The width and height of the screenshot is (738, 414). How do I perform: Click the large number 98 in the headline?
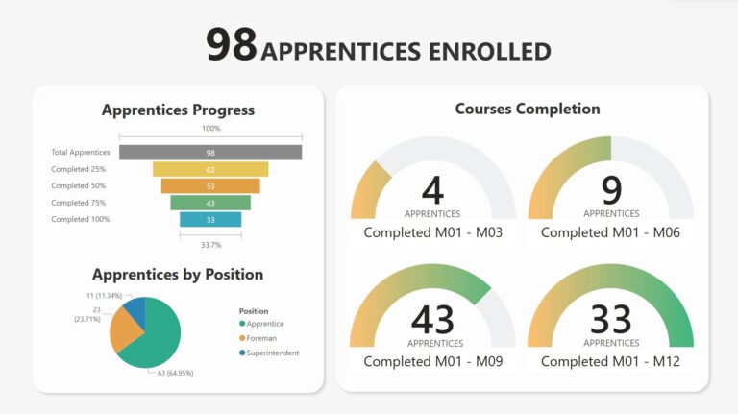pyautogui.click(x=232, y=44)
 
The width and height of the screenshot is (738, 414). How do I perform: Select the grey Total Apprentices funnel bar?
pyautogui.click(x=210, y=153)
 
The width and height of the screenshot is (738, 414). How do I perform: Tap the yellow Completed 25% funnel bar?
pyautogui.click(x=210, y=169)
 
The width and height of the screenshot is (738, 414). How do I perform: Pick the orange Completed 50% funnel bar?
pyautogui.click(x=210, y=185)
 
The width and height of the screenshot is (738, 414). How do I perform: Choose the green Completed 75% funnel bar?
pyautogui.click(x=210, y=203)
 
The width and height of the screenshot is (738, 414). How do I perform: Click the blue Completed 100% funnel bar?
pyautogui.click(x=210, y=219)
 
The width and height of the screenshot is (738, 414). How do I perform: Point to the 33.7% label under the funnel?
pyautogui.click(x=210, y=245)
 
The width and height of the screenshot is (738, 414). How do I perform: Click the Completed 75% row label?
pyautogui.click(x=79, y=203)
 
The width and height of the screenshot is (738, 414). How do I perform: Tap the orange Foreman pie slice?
pyautogui.click(x=123, y=330)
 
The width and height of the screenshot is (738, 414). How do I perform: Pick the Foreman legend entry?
pyautogui.click(x=258, y=338)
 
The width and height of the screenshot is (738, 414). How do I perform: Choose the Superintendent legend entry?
pyautogui.click(x=269, y=353)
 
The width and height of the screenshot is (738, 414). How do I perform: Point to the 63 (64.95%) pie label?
pyautogui.click(x=176, y=373)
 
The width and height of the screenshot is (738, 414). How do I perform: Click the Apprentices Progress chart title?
pyautogui.click(x=178, y=110)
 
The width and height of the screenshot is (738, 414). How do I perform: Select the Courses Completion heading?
pyautogui.click(x=528, y=109)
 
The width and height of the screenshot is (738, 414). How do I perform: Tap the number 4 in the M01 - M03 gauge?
pyautogui.click(x=432, y=190)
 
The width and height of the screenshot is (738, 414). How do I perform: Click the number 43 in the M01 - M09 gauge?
pyautogui.click(x=432, y=320)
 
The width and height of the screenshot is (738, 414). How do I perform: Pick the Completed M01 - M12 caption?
pyautogui.click(x=610, y=361)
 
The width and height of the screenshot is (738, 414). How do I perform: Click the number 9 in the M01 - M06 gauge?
pyautogui.click(x=611, y=190)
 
